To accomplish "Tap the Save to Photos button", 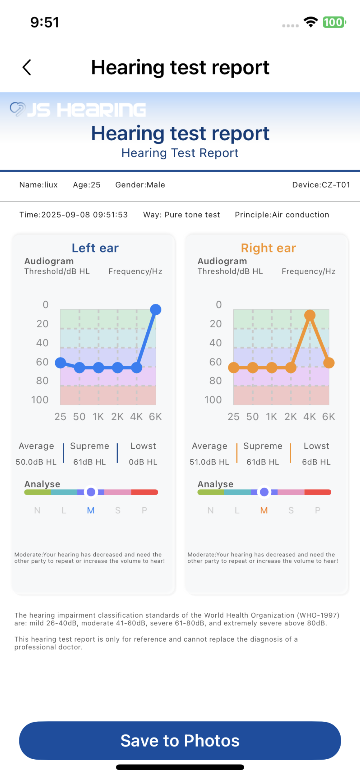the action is click(x=180, y=740).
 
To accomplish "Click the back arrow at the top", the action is click(x=27, y=67).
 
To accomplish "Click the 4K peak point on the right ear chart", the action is click(x=310, y=315).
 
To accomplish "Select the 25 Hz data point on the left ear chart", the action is click(x=61, y=363).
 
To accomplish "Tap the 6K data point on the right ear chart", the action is click(x=329, y=363).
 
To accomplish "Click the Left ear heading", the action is click(x=95, y=248).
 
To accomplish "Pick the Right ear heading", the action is click(x=268, y=248).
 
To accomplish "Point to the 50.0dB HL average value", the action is click(x=36, y=462).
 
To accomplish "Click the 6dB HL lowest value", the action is click(x=316, y=462).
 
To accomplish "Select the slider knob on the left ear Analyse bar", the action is click(x=91, y=492).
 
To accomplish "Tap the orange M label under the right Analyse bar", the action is click(x=264, y=510).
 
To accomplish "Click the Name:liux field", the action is click(x=39, y=185).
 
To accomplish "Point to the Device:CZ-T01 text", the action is click(x=321, y=185).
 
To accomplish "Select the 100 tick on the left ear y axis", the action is click(x=40, y=400).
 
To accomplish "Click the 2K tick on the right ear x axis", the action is click(x=290, y=417).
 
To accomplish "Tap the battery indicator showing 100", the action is click(x=334, y=22).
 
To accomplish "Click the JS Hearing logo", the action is click(x=78, y=110).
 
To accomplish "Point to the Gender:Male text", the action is click(x=140, y=185).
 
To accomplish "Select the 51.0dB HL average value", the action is click(x=209, y=462).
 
